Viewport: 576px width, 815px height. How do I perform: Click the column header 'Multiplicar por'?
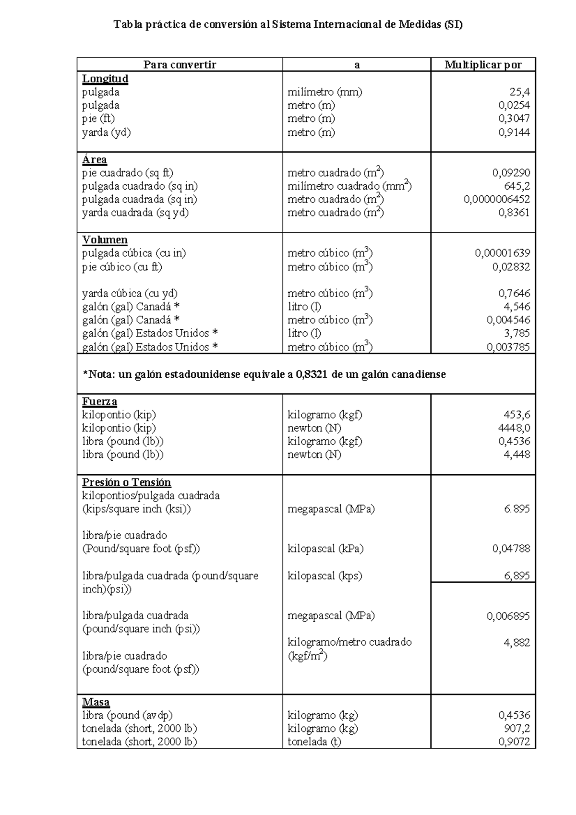tap(482, 65)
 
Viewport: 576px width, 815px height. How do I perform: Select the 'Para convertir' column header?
tap(180, 65)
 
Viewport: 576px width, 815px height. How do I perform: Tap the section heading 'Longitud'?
tap(105, 79)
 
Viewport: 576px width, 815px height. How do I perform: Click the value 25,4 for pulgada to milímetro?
tap(519, 92)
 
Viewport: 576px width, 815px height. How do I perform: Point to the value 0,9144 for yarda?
tap(514, 132)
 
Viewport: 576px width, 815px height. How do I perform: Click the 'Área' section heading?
tap(95, 159)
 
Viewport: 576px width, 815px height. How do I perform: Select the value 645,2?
tap(516, 186)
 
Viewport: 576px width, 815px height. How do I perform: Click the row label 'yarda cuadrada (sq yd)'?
tap(135, 213)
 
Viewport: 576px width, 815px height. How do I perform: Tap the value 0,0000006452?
tap(497, 200)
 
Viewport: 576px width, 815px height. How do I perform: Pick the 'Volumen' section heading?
tap(105, 240)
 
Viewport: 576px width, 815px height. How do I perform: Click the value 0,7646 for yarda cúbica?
tap(514, 293)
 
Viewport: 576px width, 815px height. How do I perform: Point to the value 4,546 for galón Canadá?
tap(516, 307)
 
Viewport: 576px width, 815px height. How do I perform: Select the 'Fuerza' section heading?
tap(99, 401)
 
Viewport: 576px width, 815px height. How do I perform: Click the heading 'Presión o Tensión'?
tap(126, 482)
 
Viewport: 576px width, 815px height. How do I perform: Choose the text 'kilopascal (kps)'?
tap(324, 575)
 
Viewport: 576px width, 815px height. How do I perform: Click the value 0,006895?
tap(508, 616)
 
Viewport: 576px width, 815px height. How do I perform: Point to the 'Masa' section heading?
tap(96, 702)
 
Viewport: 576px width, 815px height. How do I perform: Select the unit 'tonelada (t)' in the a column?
tap(314, 742)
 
